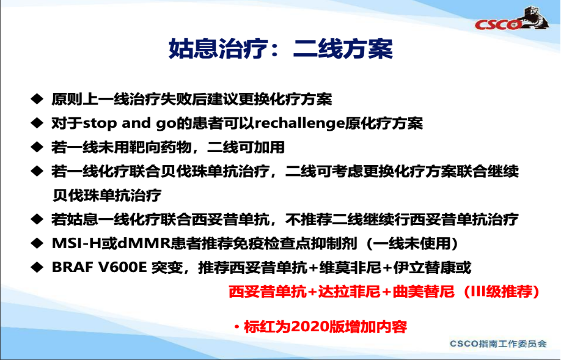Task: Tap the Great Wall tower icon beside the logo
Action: pyautogui.click(x=534, y=17)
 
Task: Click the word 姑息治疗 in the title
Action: pyautogui.click(x=218, y=48)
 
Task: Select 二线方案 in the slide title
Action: pyautogui.click(x=343, y=48)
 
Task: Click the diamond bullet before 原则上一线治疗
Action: pyautogui.click(x=37, y=99)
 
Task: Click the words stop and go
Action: pyautogui.click(x=130, y=123)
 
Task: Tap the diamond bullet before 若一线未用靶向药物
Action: pyautogui.click(x=37, y=147)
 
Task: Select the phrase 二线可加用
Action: pyautogui.click(x=246, y=147)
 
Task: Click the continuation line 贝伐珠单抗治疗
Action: pyautogui.click(x=106, y=196)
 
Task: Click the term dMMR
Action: pyautogui.click(x=144, y=243)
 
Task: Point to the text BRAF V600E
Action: pyautogui.click(x=100, y=267)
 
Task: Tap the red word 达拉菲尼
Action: pyautogui.click(x=349, y=292)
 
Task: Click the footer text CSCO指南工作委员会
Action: pyautogui.click(x=498, y=343)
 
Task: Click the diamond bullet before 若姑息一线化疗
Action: pyautogui.click(x=37, y=219)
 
